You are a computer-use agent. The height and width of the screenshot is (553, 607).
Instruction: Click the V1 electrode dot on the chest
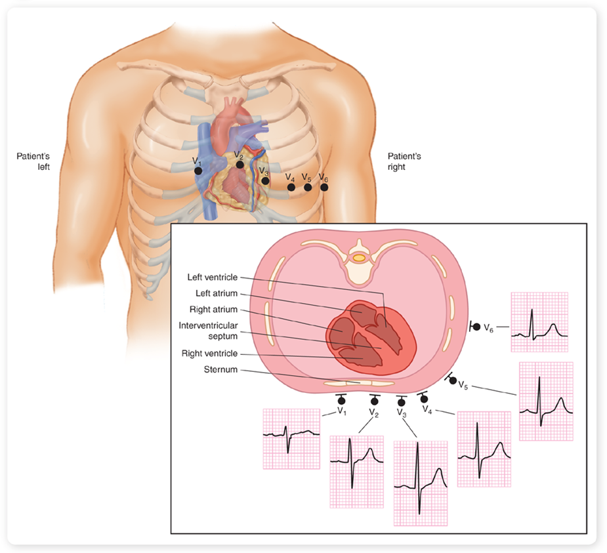pyautogui.click(x=198, y=171)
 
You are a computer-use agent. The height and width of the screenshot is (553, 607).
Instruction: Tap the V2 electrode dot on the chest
pyautogui.click(x=240, y=165)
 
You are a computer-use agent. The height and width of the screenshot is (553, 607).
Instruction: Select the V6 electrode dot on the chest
pyautogui.click(x=324, y=188)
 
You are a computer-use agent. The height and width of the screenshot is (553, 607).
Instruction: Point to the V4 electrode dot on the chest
pyautogui.click(x=291, y=188)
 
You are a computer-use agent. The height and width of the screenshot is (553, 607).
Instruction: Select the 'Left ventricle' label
pyautogui.click(x=211, y=277)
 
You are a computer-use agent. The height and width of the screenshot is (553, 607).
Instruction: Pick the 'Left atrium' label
pyautogui.click(x=217, y=293)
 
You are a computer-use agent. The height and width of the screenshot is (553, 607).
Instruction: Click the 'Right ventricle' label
pyautogui.click(x=210, y=354)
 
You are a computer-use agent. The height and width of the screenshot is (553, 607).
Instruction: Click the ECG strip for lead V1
pyautogui.click(x=291, y=437)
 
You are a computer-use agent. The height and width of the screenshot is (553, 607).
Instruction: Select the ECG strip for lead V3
pyautogui.click(x=421, y=483)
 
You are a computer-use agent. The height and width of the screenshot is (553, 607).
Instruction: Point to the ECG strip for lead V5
pyautogui.click(x=546, y=401)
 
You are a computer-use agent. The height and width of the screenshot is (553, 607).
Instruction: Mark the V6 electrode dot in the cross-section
pyautogui.click(x=477, y=326)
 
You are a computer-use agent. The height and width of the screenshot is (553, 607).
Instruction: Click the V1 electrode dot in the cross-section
pyautogui.click(x=341, y=400)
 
